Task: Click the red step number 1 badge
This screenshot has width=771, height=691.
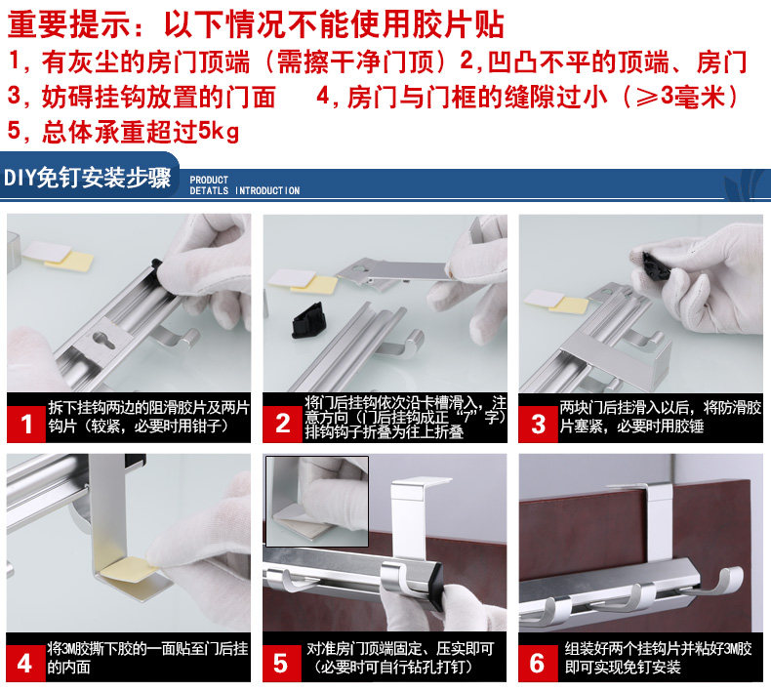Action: pyautogui.click(x=26, y=424)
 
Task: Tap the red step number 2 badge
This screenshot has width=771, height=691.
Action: pyautogui.click(x=282, y=424)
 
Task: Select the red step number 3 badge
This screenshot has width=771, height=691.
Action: pyautogui.click(x=539, y=424)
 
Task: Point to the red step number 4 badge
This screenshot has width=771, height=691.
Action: pyautogui.click(x=25, y=663)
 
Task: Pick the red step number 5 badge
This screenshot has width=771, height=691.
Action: pyautogui.click(x=282, y=663)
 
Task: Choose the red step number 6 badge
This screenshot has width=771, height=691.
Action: pyautogui.click(x=538, y=663)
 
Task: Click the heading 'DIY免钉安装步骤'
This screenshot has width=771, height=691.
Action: pyautogui.click(x=87, y=178)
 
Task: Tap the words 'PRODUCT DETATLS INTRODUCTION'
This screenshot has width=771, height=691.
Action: pyautogui.click(x=244, y=185)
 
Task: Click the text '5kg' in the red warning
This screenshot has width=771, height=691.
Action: pyautogui.click(x=219, y=132)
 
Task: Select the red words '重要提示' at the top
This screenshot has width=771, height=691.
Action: pyautogui.click(x=69, y=24)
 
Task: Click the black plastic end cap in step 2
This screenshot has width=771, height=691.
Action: pyautogui.click(x=307, y=320)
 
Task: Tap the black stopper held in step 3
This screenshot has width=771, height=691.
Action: pyautogui.click(x=655, y=265)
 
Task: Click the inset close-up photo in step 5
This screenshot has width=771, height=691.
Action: pyautogui.click(x=317, y=501)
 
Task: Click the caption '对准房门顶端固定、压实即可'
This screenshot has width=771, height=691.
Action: pyautogui.click(x=400, y=650)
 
